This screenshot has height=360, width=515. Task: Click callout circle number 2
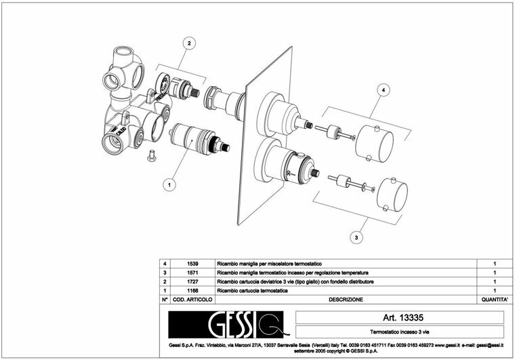190,43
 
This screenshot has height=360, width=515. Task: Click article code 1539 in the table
193,262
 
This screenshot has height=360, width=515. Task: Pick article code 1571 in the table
193,272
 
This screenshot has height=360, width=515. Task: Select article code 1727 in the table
193,281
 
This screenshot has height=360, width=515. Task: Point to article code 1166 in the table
193,290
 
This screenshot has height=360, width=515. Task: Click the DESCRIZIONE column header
346,299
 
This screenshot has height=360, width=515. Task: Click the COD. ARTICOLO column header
193,299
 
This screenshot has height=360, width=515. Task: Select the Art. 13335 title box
399,317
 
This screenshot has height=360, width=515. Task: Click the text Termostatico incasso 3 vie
399,332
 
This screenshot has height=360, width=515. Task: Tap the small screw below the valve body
151,156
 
